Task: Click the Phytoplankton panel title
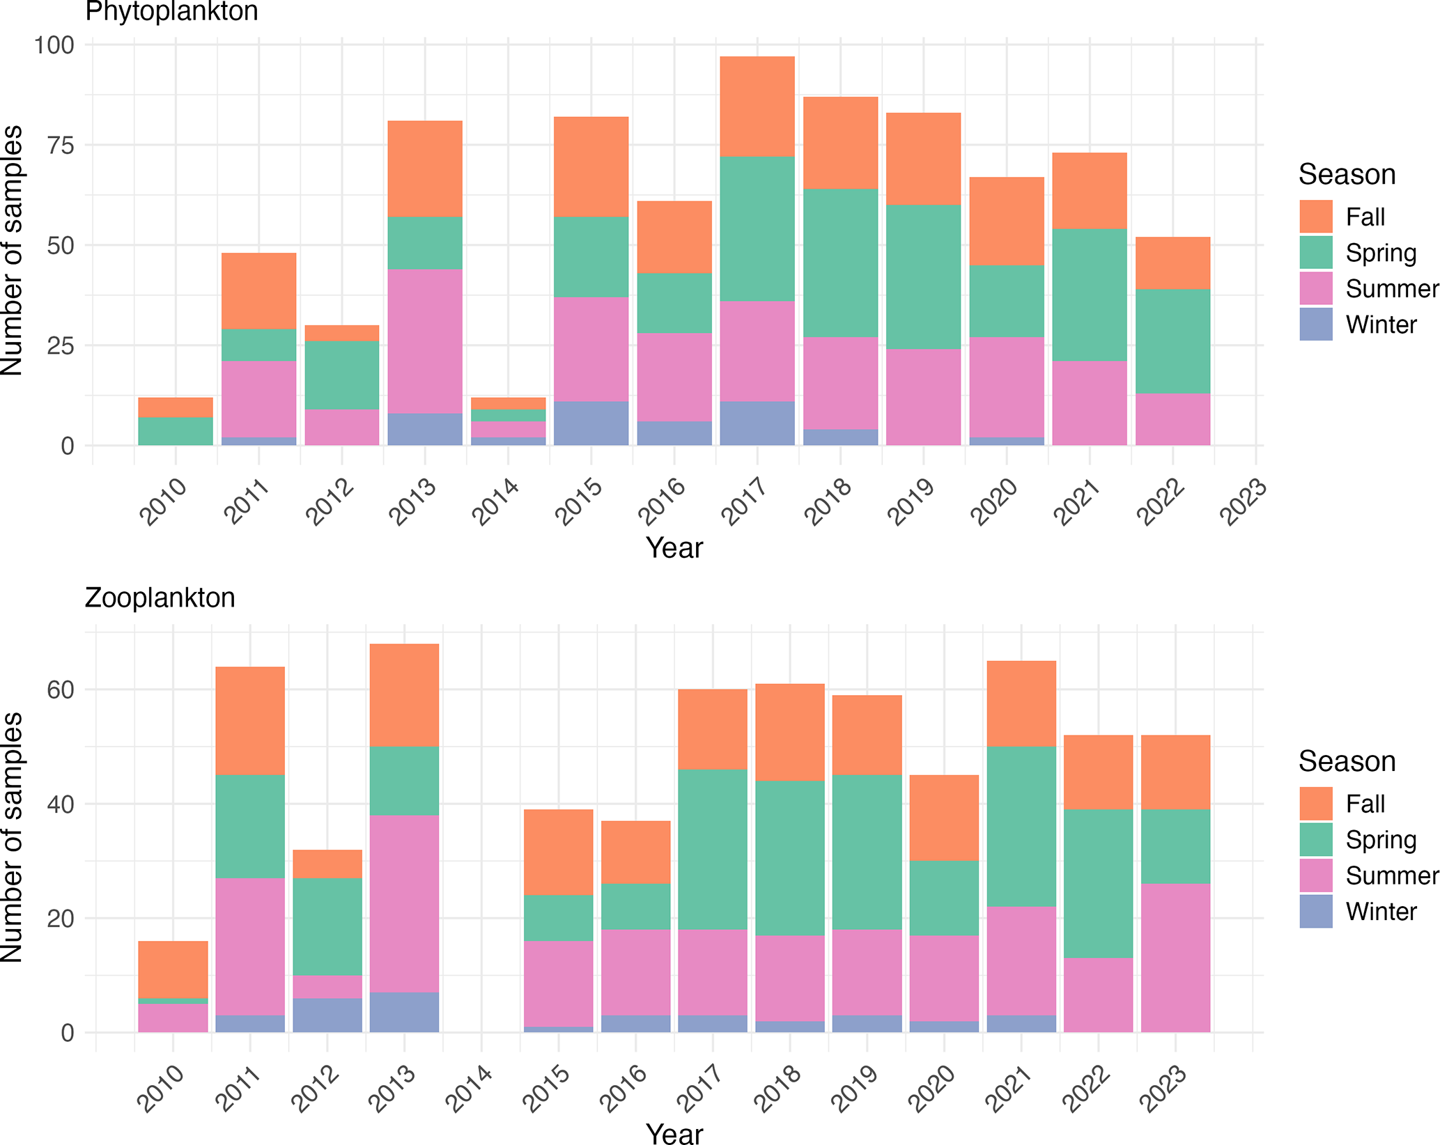tap(171, 12)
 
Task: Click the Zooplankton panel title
tap(160, 598)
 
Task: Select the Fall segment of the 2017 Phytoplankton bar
tap(757, 107)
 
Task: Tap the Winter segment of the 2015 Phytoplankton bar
tap(591, 423)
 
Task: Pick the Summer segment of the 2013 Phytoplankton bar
tap(425, 341)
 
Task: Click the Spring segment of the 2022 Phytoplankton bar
tap(1172, 341)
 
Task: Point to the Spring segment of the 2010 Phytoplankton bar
tap(176, 431)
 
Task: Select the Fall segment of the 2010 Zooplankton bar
tap(173, 969)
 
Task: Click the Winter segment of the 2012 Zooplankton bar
tap(327, 1015)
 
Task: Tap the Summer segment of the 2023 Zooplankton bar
tap(1175, 958)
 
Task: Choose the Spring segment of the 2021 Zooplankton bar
tap(1021, 826)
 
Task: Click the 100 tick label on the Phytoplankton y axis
tap(54, 45)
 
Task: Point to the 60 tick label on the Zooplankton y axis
tap(61, 690)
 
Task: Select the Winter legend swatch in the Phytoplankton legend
tap(1315, 325)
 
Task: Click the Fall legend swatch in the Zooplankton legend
tap(1315, 804)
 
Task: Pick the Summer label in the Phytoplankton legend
tap(1391, 288)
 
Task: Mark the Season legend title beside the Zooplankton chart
tap(1347, 761)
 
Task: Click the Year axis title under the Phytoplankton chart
tap(674, 548)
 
